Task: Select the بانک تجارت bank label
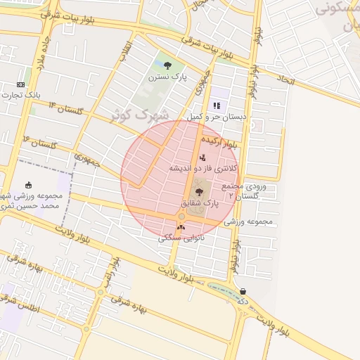[20, 95]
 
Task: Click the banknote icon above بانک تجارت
[20, 84]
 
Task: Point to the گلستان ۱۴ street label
[66, 108]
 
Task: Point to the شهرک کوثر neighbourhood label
[141, 113]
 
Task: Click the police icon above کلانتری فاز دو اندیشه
[202, 157]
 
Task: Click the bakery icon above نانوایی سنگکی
[181, 227]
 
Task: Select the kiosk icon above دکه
[243, 291]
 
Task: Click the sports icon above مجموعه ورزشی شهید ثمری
[29, 184]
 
